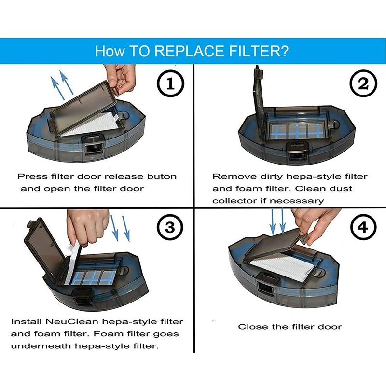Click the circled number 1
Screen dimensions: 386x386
pos(170,83)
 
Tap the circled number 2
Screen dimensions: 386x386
pos(363,83)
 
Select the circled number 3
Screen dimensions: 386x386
pos(170,227)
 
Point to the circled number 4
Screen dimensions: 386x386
pos(363,227)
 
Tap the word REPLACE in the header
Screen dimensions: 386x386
pos(189,51)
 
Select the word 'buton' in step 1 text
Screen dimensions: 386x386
pos(162,176)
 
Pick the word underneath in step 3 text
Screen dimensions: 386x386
pos(41,346)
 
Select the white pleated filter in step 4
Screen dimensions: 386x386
pos(283,267)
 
